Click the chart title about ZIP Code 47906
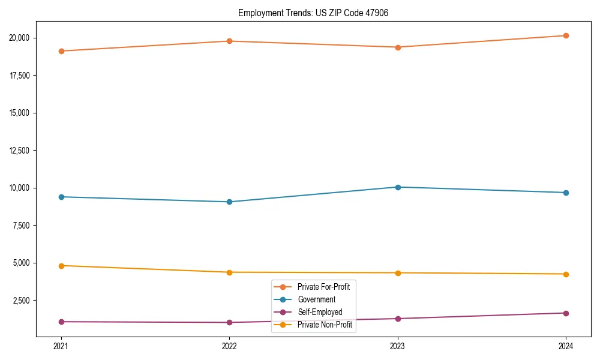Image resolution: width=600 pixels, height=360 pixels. (x=313, y=13)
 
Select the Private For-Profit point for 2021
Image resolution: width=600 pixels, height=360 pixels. (x=61, y=51)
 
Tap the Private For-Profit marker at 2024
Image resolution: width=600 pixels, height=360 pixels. (x=566, y=35)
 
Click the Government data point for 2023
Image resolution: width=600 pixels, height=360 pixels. (x=398, y=187)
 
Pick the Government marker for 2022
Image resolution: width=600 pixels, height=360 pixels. (x=229, y=202)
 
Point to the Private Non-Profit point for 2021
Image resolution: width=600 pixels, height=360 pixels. (x=61, y=265)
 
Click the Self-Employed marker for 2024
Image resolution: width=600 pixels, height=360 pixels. (x=566, y=313)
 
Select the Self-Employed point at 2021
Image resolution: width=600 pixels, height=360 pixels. (x=61, y=322)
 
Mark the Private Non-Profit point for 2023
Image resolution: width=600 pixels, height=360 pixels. (x=398, y=273)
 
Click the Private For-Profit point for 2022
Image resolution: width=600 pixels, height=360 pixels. (x=229, y=41)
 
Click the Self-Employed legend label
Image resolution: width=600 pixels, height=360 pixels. (x=319, y=312)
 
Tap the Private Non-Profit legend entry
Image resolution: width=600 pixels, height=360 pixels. (x=325, y=325)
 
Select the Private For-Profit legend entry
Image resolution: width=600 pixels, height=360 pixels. (x=323, y=287)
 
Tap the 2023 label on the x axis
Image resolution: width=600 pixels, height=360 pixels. (x=398, y=346)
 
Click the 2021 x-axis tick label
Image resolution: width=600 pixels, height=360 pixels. (x=61, y=346)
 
